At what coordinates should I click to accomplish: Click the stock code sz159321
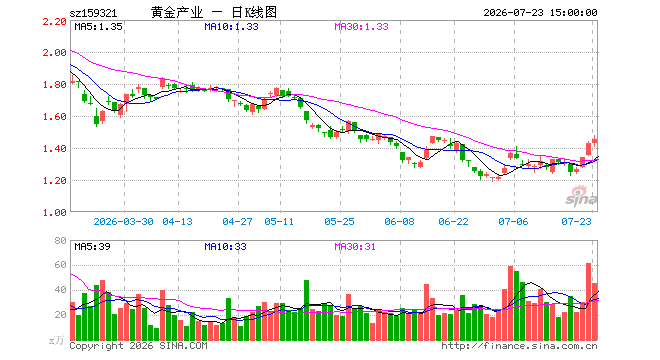point(93,13)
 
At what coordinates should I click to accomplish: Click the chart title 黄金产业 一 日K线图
point(214,12)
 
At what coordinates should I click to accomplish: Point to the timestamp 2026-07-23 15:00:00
point(540,13)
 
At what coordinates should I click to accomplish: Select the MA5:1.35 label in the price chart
point(98,27)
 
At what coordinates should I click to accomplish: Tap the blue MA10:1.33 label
point(232,27)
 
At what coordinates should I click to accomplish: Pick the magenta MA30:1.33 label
point(362,27)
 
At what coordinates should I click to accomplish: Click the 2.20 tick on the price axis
point(55,21)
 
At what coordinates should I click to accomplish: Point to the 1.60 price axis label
point(55,117)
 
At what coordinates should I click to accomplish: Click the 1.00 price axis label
point(55,213)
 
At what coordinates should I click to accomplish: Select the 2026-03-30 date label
point(123,221)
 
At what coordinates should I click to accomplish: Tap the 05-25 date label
point(339,221)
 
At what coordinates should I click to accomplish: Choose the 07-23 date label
point(576,221)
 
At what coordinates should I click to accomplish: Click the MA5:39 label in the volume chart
point(93,246)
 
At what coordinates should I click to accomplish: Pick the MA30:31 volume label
point(355,246)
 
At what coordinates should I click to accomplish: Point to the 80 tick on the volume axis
point(61,240)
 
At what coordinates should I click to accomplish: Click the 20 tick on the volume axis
point(61,315)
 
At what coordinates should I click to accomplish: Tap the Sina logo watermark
point(581,196)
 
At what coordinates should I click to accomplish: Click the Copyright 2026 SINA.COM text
point(138,346)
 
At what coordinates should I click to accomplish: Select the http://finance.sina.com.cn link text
point(519,346)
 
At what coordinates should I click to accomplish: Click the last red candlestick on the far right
point(594,140)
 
